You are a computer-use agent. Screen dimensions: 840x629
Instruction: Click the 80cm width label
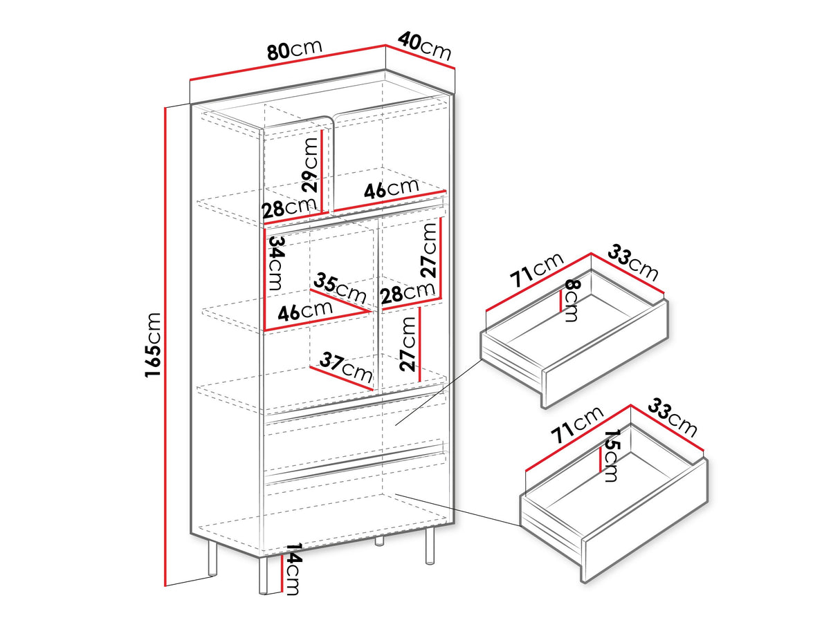294,50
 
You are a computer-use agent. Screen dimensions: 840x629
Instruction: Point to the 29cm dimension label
310,165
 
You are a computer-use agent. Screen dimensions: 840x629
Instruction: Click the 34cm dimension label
277,263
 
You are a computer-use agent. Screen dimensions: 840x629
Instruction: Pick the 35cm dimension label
340,288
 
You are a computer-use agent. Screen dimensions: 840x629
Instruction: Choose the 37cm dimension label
346,367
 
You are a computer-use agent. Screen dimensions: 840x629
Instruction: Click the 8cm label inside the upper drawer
572,301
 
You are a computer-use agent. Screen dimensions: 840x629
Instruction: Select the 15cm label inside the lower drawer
612,456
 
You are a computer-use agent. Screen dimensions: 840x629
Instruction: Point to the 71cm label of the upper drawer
536,270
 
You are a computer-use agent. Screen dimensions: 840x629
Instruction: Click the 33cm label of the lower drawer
673,417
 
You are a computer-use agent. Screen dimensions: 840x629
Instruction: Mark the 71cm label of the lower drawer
576,425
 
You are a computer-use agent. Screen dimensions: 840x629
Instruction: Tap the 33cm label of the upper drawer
633,262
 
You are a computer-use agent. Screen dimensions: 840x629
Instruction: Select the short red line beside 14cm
282,574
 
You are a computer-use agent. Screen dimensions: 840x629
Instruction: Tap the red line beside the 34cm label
264,279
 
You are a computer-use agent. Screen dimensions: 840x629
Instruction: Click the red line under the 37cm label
341,378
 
